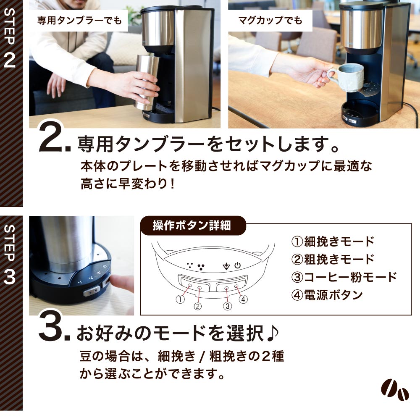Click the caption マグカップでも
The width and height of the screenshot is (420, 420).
coord(270,20)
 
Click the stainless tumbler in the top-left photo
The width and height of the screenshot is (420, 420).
coord(146,82)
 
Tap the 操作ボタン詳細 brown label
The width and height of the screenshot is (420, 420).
coord(192,226)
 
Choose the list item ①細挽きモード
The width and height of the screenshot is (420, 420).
coord(332,241)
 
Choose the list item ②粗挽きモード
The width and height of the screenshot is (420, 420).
coord(332,259)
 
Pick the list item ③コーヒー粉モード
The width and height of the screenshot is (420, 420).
coord(343,277)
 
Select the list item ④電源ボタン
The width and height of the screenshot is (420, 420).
coord(326,295)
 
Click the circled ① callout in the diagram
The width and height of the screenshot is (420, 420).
coord(181,299)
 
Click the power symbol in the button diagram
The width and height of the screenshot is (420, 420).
coord(238,265)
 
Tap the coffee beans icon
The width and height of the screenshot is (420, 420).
coord(395,391)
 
